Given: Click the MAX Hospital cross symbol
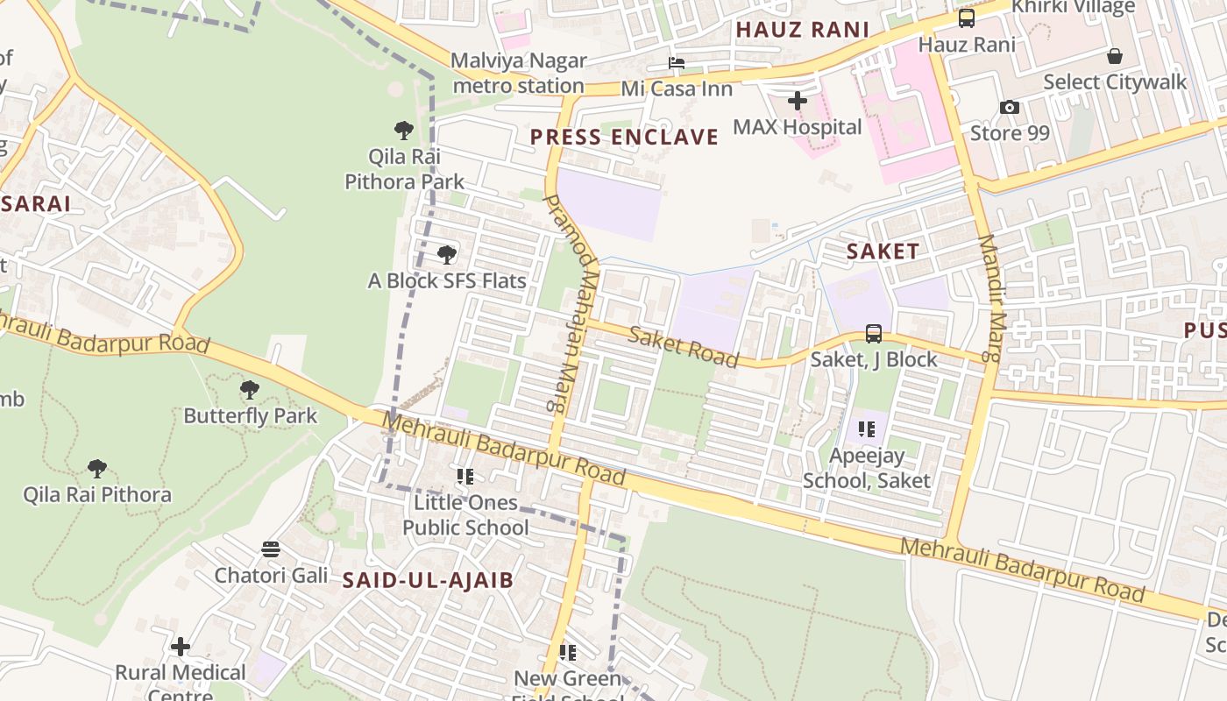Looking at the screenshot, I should [797, 101].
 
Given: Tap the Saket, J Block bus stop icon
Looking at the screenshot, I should [874, 333].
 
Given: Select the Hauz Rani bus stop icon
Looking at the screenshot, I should [967, 18].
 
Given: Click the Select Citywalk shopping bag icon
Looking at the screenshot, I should [1115, 57].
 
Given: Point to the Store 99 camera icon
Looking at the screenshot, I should [1010, 108].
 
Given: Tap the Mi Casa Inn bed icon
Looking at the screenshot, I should [677, 63].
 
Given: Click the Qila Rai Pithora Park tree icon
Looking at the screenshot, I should [404, 131].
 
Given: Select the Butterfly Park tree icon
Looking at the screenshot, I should [250, 389].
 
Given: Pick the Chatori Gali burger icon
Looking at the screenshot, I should [271, 549].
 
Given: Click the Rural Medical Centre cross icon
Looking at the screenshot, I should [181, 647].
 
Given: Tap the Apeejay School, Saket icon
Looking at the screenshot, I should [867, 429].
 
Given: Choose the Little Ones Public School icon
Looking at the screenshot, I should [465, 477].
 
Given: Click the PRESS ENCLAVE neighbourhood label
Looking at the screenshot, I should [624, 137].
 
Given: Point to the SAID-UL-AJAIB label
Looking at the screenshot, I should [428, 580].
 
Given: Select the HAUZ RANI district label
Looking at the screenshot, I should [802, 30].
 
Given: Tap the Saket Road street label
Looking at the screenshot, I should [684, 347].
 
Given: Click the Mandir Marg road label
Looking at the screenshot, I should [989, 298].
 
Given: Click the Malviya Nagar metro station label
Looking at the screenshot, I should [518, 74].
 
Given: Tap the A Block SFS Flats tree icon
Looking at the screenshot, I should [447, 255].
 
